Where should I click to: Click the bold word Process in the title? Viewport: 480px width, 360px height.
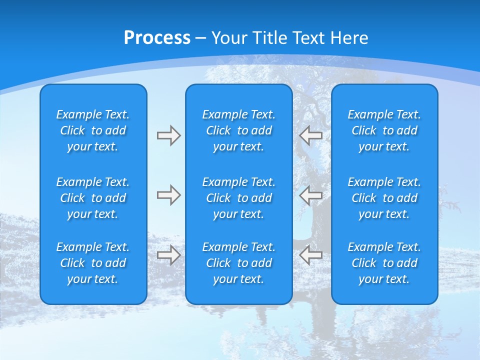point(157,38)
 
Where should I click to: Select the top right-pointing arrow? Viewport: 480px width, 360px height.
point(169,135)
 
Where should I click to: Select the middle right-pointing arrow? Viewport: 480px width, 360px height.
point(169,195)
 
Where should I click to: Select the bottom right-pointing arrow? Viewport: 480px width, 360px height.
point(169,255)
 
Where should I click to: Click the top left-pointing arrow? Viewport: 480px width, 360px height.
point(310,135)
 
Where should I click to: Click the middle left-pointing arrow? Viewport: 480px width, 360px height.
point(310,195)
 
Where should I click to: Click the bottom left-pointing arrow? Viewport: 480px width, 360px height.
point(310,255)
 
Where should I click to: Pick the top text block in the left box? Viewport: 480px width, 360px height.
point(93,130)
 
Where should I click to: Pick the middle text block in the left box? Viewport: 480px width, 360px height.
point(93,198)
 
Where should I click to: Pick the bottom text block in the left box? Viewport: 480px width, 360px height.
point(93,263)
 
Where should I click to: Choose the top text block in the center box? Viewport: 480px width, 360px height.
point(239,130)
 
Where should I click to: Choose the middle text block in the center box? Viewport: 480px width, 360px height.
point(239,198)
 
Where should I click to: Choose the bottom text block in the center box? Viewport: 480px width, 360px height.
point(239,263)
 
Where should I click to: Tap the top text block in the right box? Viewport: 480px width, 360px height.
point(384,130)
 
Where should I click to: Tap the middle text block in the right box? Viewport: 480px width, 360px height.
point(384,198)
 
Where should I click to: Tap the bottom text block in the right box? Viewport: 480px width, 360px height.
point(384,263)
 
